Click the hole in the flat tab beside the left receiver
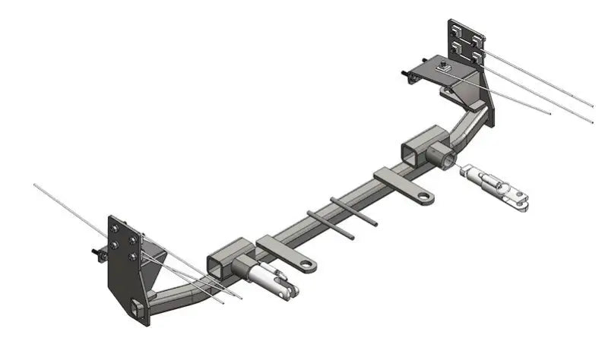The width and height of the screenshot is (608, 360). click(306, 266)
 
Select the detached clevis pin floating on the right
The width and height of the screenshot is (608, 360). click(494, 185)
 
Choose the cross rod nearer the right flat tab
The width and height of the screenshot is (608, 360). click(354, 210)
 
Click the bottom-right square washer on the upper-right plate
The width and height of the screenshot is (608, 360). click(477, 55)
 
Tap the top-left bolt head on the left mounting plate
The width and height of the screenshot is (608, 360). click(116, 231)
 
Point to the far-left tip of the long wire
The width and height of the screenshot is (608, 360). click(36, 185)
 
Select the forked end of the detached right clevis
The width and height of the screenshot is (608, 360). click(521, 200)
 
